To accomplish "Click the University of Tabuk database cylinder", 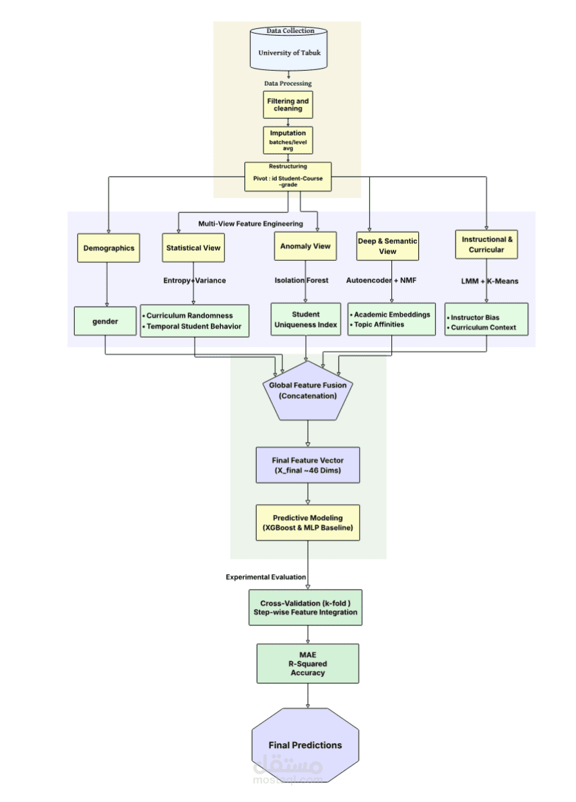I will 288,49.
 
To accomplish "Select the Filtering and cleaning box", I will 288,105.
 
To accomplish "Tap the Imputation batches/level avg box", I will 288,140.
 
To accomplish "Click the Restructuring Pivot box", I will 288,176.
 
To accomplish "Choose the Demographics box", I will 108,248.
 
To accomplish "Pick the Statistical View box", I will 193,248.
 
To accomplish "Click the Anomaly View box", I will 306,247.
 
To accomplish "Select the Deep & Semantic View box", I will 387,246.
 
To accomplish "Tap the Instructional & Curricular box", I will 486,245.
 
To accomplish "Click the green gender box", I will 105,321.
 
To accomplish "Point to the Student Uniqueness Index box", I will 306,319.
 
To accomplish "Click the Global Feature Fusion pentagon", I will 307,390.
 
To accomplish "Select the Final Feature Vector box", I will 307,465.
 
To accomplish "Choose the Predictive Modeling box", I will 307,523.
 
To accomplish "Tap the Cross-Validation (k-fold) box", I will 307,607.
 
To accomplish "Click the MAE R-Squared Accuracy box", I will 307,664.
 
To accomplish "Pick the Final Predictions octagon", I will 305,745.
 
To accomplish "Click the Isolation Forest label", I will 301,280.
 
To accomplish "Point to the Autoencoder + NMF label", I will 381,280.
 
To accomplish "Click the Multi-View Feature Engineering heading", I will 251,224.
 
